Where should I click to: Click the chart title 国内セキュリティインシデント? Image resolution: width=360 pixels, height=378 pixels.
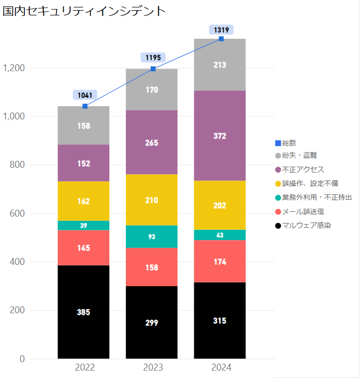[x=84, y=11]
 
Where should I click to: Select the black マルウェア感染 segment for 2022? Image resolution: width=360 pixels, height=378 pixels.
[x=83, y=312]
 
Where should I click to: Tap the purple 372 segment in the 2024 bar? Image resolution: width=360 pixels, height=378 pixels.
[x=220, y=135]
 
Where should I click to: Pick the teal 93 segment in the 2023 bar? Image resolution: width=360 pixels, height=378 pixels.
[x=151, y=237]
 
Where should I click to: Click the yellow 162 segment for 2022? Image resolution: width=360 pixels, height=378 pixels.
[x=83, y=201]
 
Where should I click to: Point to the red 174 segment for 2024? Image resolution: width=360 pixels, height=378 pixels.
[x=220, y=261]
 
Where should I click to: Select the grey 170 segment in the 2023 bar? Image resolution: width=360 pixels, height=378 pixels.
[x=151, y=90]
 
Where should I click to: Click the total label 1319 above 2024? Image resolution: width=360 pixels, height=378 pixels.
[x=221, y=30]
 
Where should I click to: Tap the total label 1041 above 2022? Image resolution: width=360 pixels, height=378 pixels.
[x=85, y=96]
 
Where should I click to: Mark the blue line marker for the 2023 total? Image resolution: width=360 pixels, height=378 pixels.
[x=153, y=68]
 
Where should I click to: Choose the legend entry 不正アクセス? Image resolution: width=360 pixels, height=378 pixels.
[x=303, y=170]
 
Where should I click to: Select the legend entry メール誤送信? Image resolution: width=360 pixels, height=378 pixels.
[x=303, y=211]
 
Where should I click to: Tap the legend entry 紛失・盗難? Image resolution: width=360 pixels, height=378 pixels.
[x=299, y=156]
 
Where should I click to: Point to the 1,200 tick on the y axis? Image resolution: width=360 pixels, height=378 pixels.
[x=14, y=68]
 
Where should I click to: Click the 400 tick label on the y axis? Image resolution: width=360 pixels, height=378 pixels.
[x=17, y=262]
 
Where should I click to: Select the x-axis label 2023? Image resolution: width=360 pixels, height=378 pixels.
[x=153, y=367]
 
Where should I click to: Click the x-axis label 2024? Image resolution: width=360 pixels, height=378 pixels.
[x=221, y=367]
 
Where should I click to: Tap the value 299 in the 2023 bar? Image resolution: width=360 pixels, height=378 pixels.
[x=151, y=323]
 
